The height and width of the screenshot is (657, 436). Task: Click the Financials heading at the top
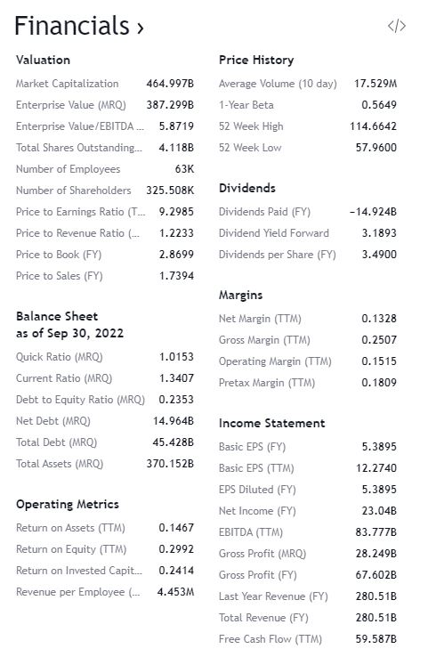pyautogui.click(x=78, y=27)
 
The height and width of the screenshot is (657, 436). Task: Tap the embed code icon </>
pyautogui.click(x=397, y=27)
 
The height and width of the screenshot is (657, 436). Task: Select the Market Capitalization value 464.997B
pyautogui.click(x=170, y=84)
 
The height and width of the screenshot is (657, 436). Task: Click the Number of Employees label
pyautogui.click(x=68, y=169)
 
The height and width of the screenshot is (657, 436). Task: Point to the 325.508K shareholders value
pyautogui.click(x=170, y=191)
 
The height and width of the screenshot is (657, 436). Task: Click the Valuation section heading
pyautogui.click(x=43, y=60)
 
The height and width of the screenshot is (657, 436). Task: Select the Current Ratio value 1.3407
pyautogui.click(x=176, y=378)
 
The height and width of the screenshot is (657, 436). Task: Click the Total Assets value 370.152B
pyautogui.click(x=170, y=464)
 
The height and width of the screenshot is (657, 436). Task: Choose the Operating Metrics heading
pyautogui.click(x=68, y=505)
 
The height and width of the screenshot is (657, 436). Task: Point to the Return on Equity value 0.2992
pyautogui.click(x=176, y=549)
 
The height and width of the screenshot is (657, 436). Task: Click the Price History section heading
pyautogui.click(x=256, y=60)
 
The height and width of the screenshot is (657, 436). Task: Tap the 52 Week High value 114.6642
pyautogui.click(x=374, y=126)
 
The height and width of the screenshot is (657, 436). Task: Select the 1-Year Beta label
pyautogui.click(x=246, y=105)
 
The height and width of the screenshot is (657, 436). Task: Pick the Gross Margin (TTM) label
pyautogui.click(x=264, y=340)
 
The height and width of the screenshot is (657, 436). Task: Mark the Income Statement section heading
pyautogui.click(x=272, y=423)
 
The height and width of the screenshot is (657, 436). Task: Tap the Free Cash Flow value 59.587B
pyautogui.click(x=375, y=639)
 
